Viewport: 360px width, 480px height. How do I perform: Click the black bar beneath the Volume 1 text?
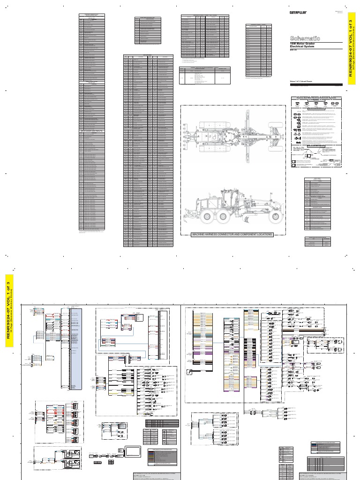pos(316,85)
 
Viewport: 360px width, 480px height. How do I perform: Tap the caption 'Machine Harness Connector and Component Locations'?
pos(233,234)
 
